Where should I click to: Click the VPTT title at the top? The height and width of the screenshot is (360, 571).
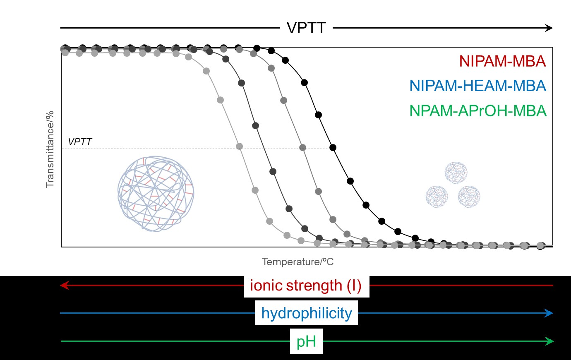(306, 28)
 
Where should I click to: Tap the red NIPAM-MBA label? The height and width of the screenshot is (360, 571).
(502, 61)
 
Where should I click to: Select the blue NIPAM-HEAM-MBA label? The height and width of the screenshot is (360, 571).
(477, 86)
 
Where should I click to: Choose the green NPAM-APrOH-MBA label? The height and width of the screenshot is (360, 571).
(478, 111)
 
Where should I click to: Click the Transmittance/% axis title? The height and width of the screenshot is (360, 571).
(50, 149)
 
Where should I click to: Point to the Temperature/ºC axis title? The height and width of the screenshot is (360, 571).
(297, 262)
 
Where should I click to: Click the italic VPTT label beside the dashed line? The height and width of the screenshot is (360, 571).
(80, 142)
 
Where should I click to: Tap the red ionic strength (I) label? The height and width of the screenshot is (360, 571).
(306, 286)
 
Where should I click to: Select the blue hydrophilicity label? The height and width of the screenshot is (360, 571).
(306, 313)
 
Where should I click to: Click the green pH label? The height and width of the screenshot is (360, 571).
(306, 341)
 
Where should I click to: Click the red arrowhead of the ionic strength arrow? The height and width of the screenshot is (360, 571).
(64, 286)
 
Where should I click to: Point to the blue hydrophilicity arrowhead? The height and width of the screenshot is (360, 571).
(549, 313)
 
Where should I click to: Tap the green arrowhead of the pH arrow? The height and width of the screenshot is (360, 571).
(550, 341)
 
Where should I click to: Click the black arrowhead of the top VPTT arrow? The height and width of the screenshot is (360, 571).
(549, 28)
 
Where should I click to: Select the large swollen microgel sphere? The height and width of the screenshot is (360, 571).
(156, 193)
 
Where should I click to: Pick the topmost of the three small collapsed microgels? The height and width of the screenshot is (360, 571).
(456, 173)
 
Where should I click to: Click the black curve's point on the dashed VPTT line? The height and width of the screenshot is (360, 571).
(333, 147)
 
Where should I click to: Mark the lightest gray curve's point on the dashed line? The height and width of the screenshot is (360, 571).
(239, 146)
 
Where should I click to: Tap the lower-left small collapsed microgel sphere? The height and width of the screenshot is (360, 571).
(437, 197)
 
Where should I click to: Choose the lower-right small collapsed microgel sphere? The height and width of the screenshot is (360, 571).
(469, 197)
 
